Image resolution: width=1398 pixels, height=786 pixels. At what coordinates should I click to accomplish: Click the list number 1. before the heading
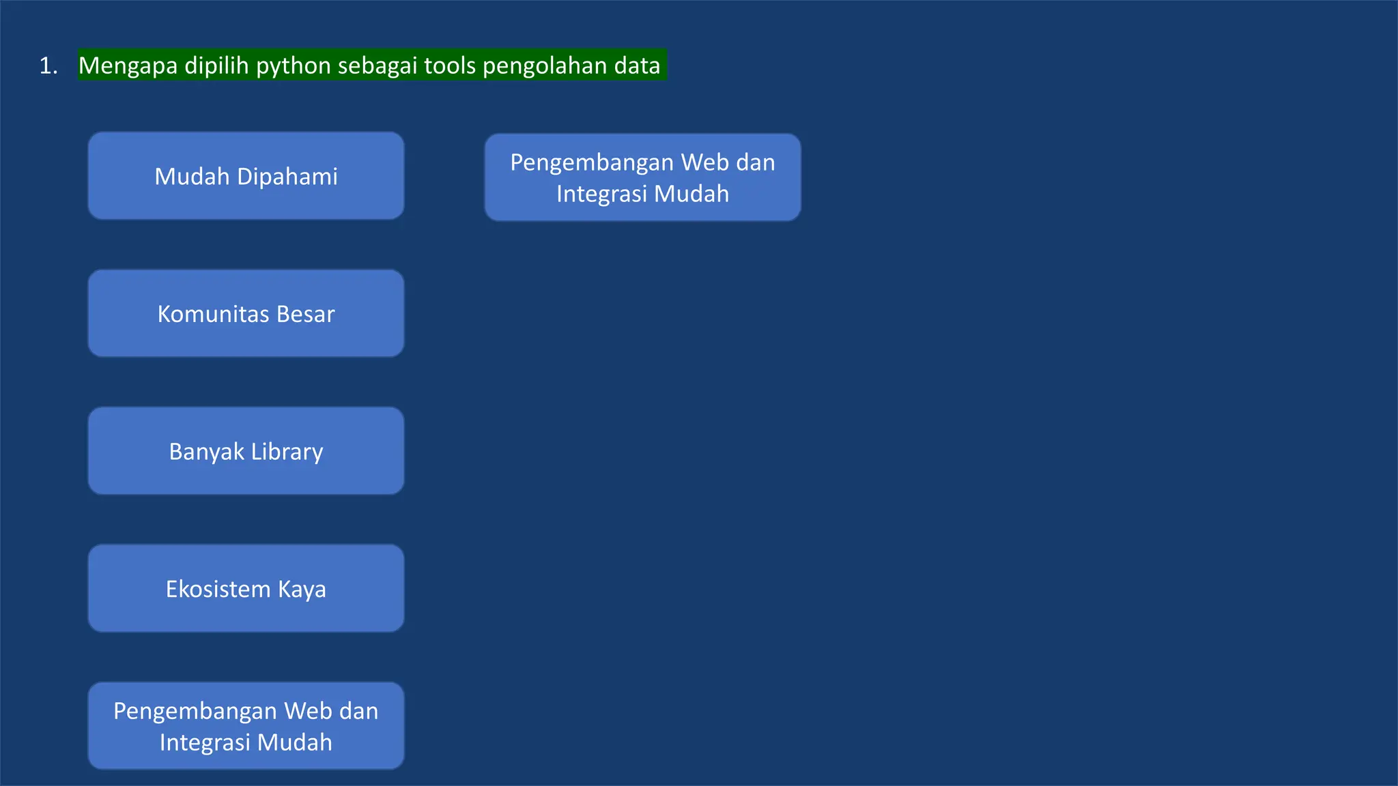click(x=48, y=66)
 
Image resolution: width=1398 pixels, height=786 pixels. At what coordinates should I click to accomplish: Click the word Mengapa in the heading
click(x=128, y=66)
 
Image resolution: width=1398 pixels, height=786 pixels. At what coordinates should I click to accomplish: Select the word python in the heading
click(x=294, y=66)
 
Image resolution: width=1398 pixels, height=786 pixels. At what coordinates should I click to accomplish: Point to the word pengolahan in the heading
click(x=545, y=66)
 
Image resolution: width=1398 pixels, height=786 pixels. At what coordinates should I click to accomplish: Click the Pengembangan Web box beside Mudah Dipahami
click(x=642, y=177)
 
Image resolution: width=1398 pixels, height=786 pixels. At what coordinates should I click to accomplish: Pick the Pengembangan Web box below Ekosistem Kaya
click(x=246, y=726)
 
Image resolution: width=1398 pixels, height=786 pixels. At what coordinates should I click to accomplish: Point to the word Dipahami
click(x=287, y=177)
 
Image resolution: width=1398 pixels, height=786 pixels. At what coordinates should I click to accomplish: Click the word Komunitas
click(x=213, y=314)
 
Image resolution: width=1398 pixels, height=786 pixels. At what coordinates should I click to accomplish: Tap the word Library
click(x=287, y=452)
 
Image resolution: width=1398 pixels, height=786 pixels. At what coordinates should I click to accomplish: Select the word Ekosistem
click(x=218, y=589)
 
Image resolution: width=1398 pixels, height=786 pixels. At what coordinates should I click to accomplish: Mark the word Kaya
click(x=302, y=589)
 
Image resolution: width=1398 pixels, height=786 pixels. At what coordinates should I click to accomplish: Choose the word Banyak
click(x=206, y=452)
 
